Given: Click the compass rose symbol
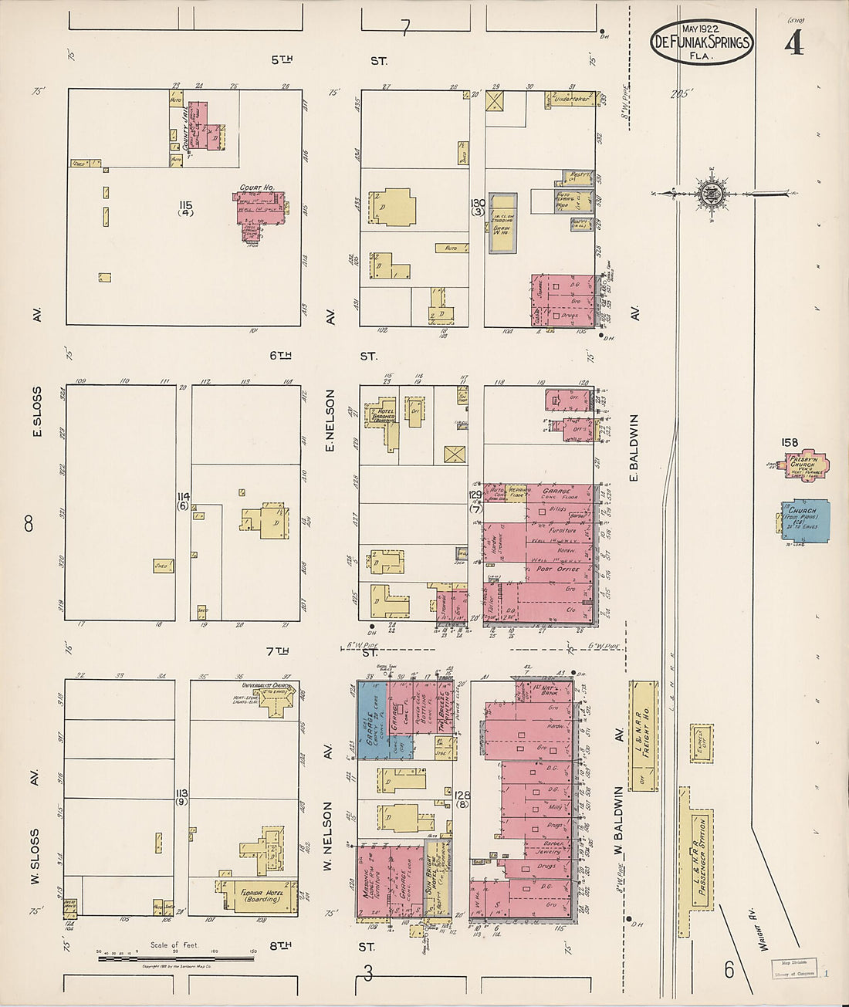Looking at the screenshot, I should point(709,193).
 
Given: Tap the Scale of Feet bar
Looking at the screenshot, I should point(176,959).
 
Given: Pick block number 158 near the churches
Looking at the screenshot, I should point(789,443).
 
